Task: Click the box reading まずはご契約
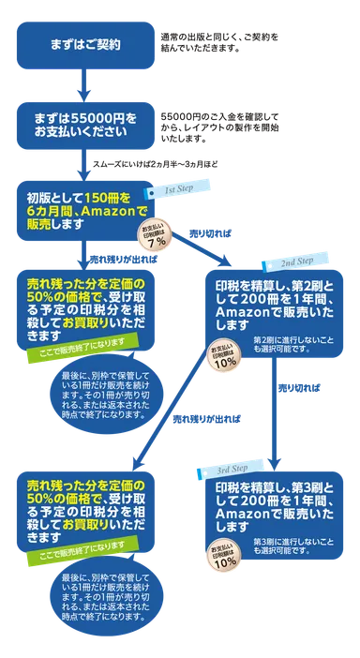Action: pyautogui.click(x=88, y=45)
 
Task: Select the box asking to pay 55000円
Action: pyautogui.click(x=88, y=126)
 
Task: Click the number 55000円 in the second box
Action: pyautogui.click(x=97, y=119)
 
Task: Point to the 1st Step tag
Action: pyautogui.click(x=178, y=190)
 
